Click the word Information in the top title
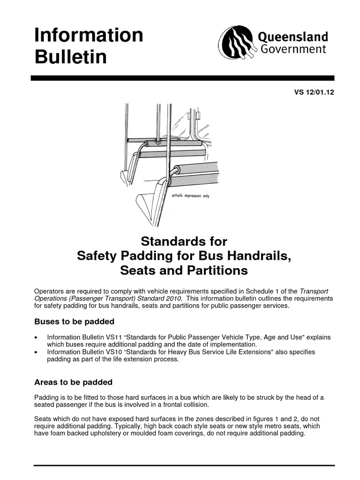89,36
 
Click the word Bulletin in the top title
71,58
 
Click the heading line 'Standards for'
184,242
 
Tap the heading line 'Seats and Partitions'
184,271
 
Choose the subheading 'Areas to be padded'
74,382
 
